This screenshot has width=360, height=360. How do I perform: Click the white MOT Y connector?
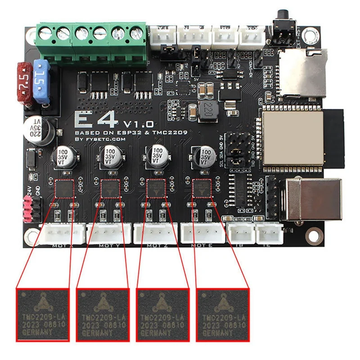click(x=109, y=234)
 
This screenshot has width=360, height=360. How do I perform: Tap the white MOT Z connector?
click(x=156, y=234)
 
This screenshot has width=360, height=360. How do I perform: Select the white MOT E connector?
click(x=202, y=234)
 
